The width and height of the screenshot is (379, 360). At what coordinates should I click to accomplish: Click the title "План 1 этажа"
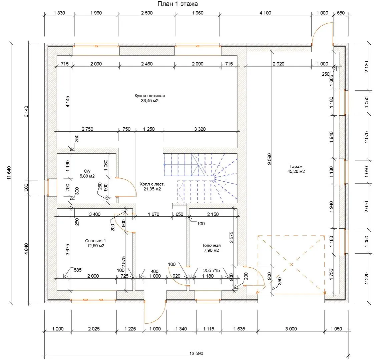coord(177,4)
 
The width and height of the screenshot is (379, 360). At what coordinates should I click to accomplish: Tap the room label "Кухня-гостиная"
coord(149,96)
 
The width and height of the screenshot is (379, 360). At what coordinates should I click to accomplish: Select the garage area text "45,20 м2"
coord(296,171)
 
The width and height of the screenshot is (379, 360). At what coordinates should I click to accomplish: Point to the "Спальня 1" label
coord(95,241)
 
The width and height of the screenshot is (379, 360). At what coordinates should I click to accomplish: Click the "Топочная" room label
coord(211,245)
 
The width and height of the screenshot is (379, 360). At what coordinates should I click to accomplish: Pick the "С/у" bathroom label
coord(87,171)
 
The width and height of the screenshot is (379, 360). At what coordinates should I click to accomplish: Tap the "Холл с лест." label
coord(152,184)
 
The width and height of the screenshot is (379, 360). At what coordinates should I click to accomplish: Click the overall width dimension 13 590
coord(196,353)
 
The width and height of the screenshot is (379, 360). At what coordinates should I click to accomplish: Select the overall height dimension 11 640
coord(9,173)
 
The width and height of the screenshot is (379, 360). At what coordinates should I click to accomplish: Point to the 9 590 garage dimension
coord(270,159)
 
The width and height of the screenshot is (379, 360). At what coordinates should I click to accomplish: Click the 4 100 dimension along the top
coord(265,13)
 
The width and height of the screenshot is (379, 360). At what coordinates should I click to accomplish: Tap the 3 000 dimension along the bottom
coord(291,329)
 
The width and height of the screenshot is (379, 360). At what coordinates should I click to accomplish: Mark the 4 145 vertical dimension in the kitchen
coord(68,102)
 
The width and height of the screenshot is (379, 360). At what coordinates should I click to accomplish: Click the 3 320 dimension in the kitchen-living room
coord(200,129)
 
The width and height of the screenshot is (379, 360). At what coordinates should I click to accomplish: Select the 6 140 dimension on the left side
coord(26,111)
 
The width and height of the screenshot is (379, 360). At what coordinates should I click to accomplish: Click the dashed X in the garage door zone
coord(291,264)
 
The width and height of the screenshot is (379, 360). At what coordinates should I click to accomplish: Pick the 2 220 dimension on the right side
coord(367,278)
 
